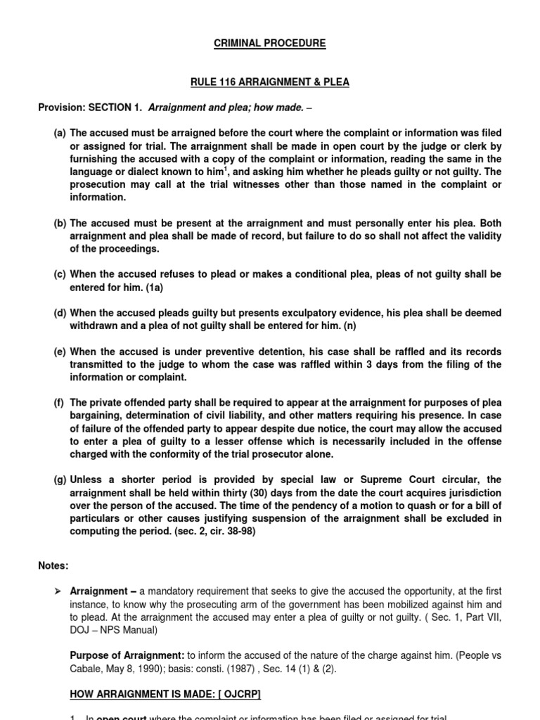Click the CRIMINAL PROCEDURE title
click(270, 44)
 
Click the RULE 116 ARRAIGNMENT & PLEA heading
click(270, 82)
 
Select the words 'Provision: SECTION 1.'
click(89, 108)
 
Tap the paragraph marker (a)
click(60, 133)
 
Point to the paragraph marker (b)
click(60, 224)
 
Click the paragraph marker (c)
click(60, 275)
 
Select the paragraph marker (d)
click(60, 314)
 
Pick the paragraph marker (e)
click(60, 352)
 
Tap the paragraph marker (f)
click(59, 403)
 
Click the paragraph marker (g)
click(60, 480)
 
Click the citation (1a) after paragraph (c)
click(153, 288)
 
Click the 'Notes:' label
click(53, 565)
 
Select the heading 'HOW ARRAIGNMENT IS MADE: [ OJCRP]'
click(165, 695)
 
